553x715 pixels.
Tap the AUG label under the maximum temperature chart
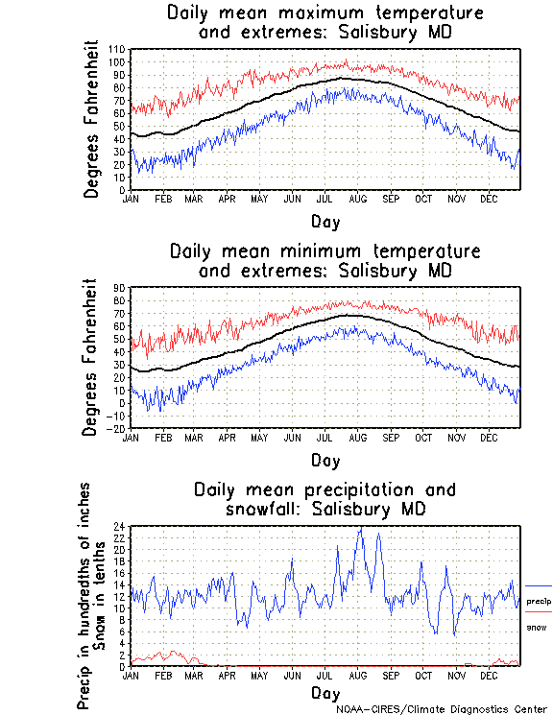(358, 199)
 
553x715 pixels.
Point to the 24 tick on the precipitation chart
(119, 527)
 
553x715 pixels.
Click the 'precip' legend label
(539, 599)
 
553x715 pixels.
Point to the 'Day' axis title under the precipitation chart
(325, 692)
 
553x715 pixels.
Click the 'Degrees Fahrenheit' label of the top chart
(92, 119)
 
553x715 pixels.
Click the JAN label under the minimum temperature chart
(132, 438)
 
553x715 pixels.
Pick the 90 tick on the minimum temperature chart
(119, 288)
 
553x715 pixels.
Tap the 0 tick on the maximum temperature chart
(122, 190)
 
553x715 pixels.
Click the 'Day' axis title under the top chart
(325, 222)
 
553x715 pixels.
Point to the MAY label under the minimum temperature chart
(259, 438)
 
